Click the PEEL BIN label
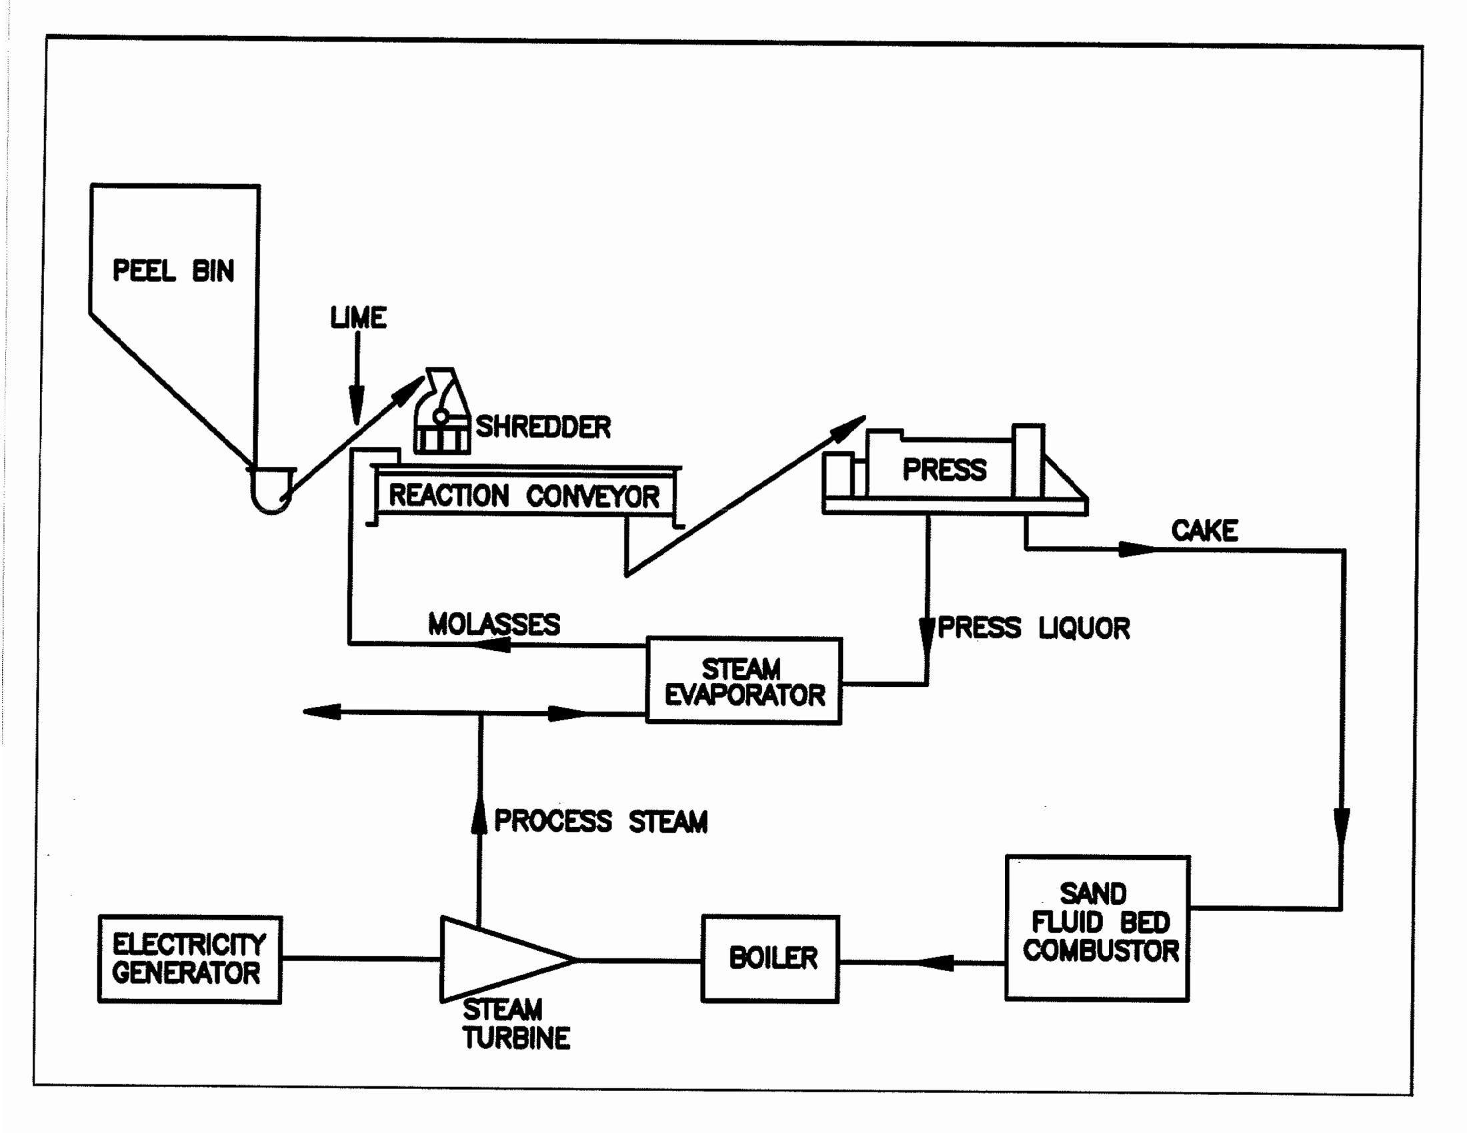coord(173,271)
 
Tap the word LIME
coord(358,317)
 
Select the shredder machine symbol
coord(441,413)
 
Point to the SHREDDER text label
coord(543,427)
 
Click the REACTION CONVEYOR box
coord(525,496)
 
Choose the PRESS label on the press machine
coord(944,469)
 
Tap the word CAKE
coord(1204,531)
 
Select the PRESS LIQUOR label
coord(1033,628)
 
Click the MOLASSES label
coord(493,624)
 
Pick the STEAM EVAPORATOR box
coord(744,681)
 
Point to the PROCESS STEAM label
coord(601,821)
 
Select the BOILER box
coord(770,958)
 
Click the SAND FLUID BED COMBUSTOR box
coord(1097,928)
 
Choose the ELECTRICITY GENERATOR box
coord(189,959)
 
